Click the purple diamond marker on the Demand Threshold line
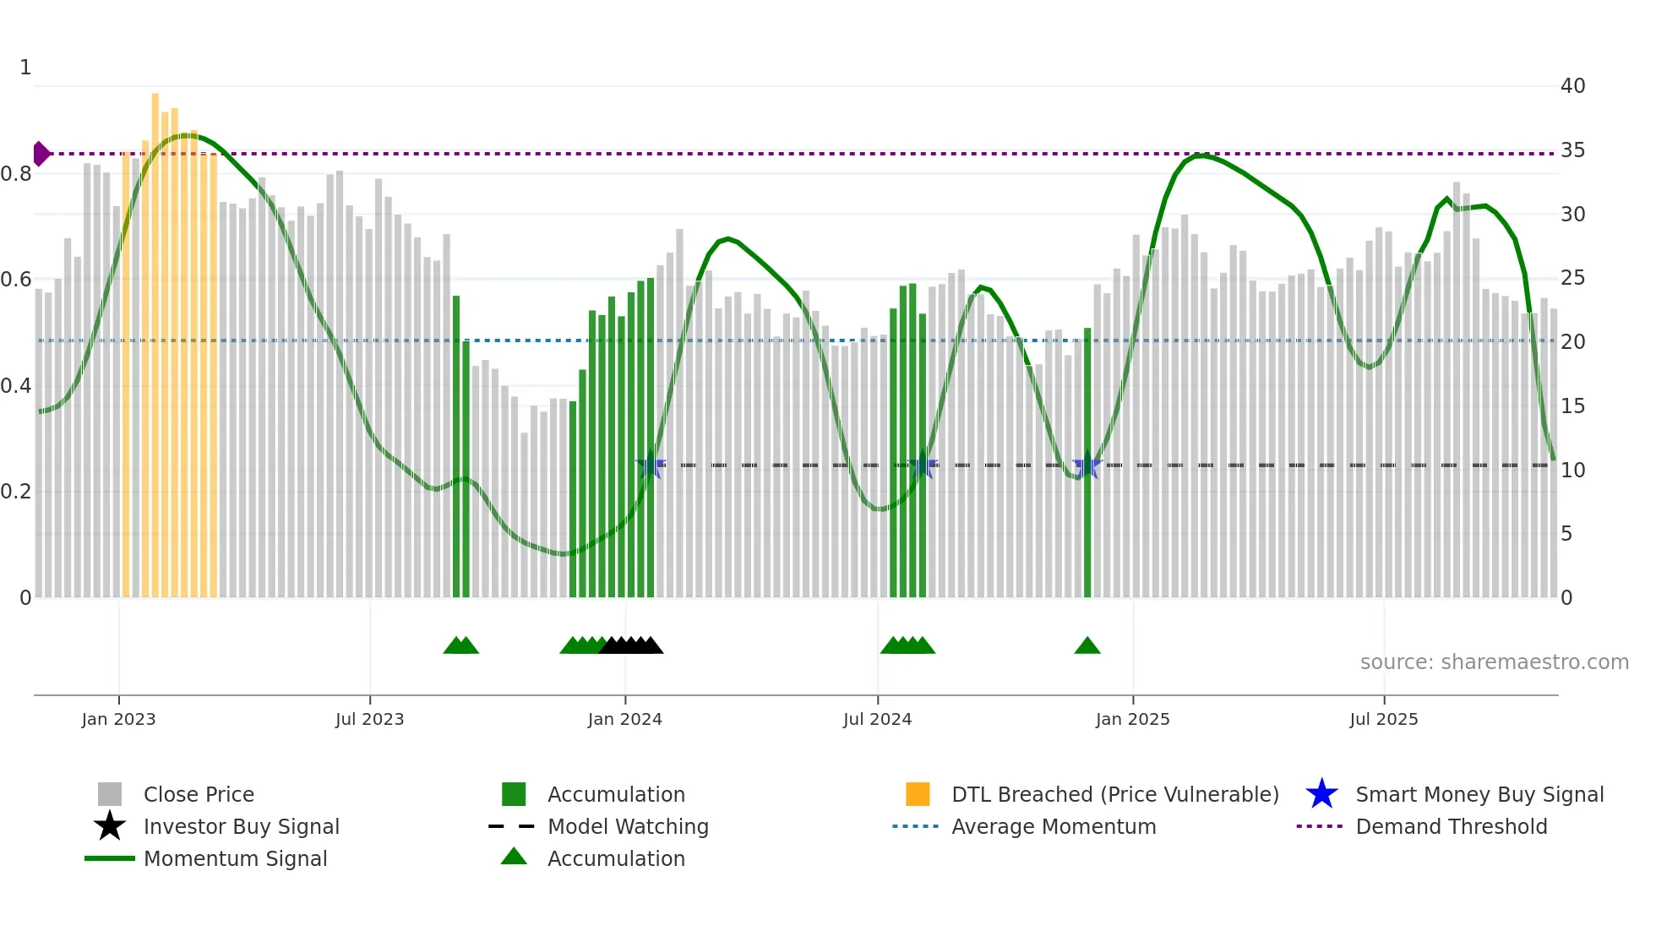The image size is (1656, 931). point(41,154)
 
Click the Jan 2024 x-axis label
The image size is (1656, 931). point(624,719)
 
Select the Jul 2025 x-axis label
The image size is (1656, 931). point(1383,719)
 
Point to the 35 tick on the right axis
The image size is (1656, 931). point(1572,150)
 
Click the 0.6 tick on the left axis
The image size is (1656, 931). point(16,280)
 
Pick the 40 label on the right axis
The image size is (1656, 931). point(1572,86)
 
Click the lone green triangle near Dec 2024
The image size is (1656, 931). point(1087,646)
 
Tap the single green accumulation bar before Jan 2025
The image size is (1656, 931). point(1087,465)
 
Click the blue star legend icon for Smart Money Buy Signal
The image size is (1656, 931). point(1321,794)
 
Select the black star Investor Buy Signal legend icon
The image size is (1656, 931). point(110,826)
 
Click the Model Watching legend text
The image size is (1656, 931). point(628,826)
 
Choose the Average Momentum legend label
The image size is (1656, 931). point(1054,826)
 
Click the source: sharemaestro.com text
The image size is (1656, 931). point(1494,662)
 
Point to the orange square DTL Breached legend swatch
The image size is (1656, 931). point(918,794)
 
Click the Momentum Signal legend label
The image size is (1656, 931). point(235,858)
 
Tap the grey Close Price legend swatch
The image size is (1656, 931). point(110,794)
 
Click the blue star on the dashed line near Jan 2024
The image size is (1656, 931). point(650,465)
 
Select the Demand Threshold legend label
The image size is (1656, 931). point(1451,826)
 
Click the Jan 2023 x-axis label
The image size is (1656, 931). point(118,719)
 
